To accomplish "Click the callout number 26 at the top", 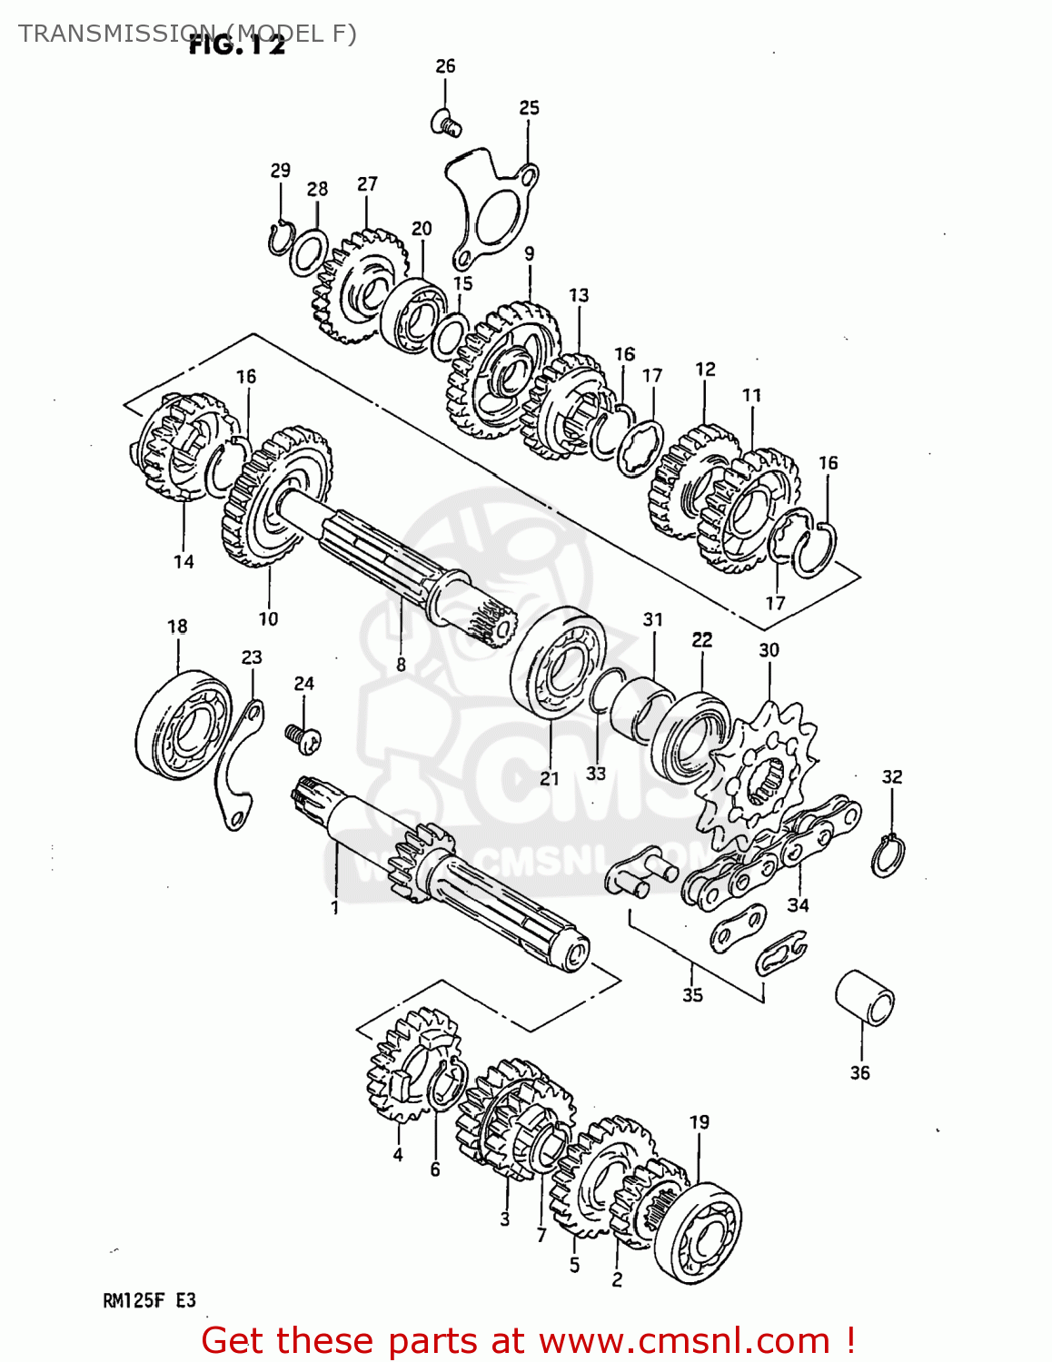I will click(x=445, y=66).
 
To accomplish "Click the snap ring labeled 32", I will click(x=888, y=854).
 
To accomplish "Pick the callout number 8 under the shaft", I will click(x=401, y=665).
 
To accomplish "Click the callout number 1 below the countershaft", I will click(x=334, y=907).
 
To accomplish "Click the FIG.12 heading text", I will click(x=237, y=46).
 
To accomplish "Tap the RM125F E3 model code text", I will click(x=149, y=1300).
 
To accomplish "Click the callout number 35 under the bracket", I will click(x=692, y=995).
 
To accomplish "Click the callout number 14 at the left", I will click(x=184, y=562).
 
